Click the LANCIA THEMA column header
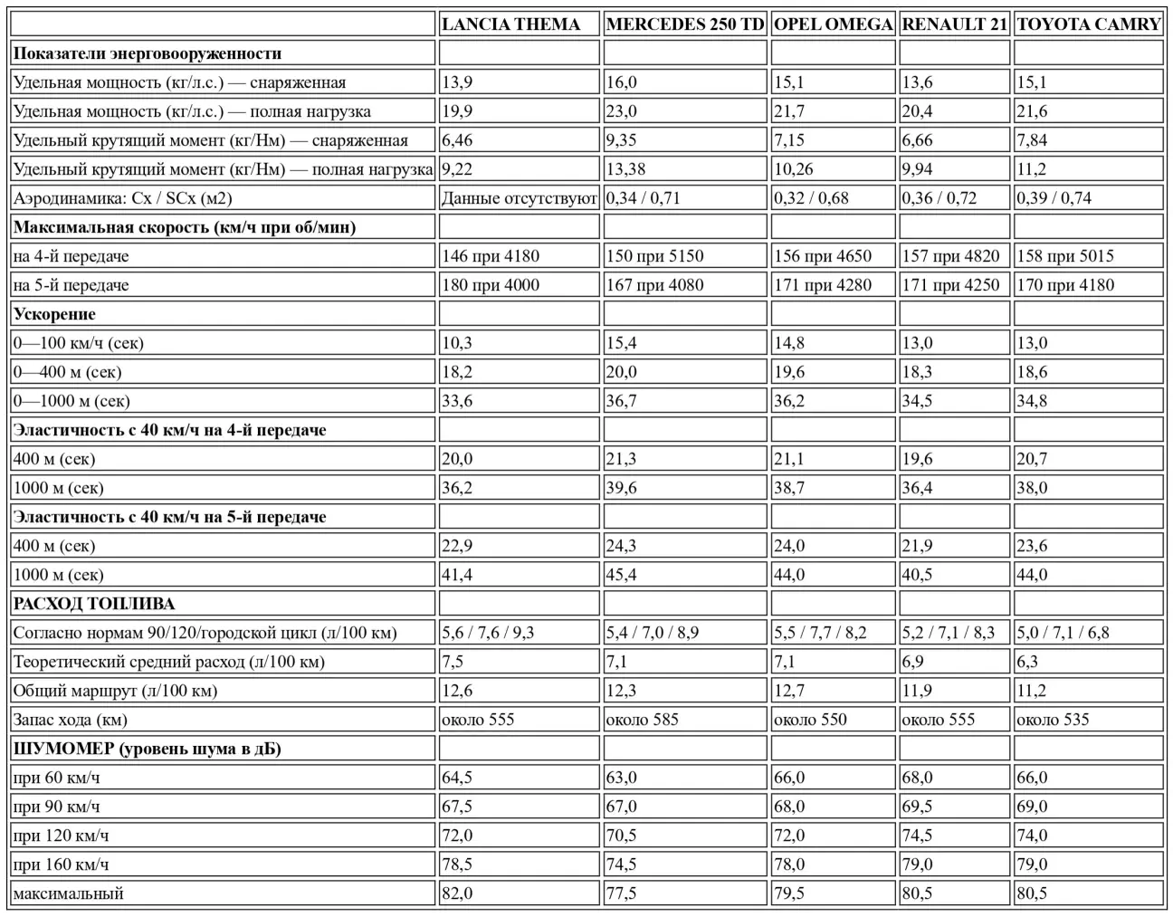pyautogui.click(x=510, y=24)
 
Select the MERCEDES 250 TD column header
pyautogui.click(x=685, y=24)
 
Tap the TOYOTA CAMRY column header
pyautogui.click(x=1088, y=24)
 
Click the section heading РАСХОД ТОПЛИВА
pyautogui.click(x=94, y=604)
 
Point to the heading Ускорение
pyautogui.click(x=54, y=314)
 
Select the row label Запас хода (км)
pyautogui.click(x=71, y=720)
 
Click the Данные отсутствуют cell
pyautogui.click(x=519, y=198)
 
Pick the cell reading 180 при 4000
pyautogui.click(x=491, y=285)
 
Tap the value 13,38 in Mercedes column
pyautogui.click(x=626, y=169)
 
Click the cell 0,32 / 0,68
pyautogui.click(x=811, y=198)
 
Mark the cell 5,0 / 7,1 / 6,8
pyautogui.click(x=1063, y=633)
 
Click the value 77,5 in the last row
pyautogui.click(x=621, y=893)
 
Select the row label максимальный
pyautogui.click(x=69, y=893)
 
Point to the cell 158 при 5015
pyautogui.click(x=1065, y=256)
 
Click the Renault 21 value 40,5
pyautogui.click(x=917, y=575)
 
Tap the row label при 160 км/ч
pyautogui.click(x=62, y=864)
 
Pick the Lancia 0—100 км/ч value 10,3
pyautogui.click(x=457, y=343)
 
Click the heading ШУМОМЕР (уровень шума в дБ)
pyautogui.click(x=147, y=749)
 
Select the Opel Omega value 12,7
pyautogui.click(x=789, y=691)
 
